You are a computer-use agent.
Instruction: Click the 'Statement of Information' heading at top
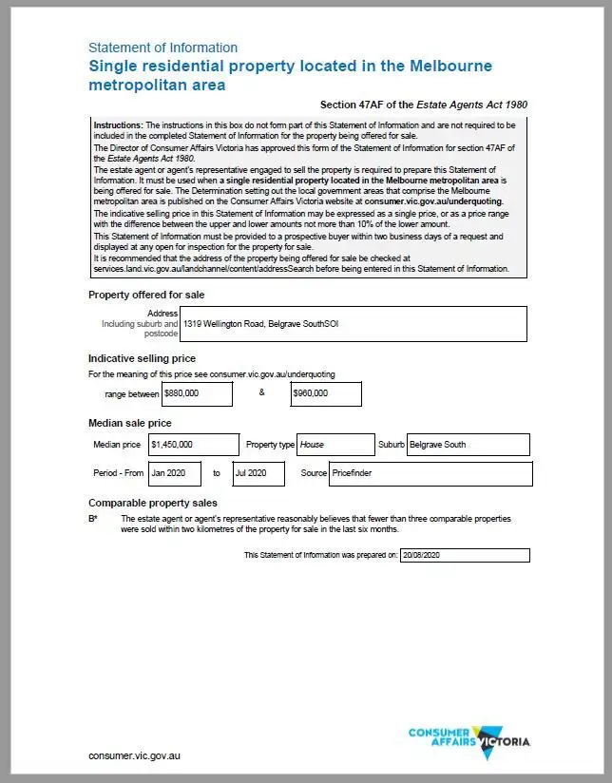163,48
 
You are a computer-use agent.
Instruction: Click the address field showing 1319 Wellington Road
354,323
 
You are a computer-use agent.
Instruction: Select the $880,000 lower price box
197,393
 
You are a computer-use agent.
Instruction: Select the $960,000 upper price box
326,393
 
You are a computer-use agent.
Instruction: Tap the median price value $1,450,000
193,445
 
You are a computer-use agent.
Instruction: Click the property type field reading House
336,445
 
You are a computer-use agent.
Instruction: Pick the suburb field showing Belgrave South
468,445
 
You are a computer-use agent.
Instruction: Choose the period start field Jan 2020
175,473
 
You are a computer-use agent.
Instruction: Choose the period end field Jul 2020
257,473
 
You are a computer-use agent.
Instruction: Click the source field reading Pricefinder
430,473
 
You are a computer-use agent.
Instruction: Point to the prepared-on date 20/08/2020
465,555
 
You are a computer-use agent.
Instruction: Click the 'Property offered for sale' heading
145,295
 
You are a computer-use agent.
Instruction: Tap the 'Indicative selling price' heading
142,358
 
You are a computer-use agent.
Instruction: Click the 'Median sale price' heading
130,423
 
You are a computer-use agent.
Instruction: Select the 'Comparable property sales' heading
153,503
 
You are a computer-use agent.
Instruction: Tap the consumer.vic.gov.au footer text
134,756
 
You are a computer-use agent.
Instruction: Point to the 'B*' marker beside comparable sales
93,520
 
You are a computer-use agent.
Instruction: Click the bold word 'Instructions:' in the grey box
118,125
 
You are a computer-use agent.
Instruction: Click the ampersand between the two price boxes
261,392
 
